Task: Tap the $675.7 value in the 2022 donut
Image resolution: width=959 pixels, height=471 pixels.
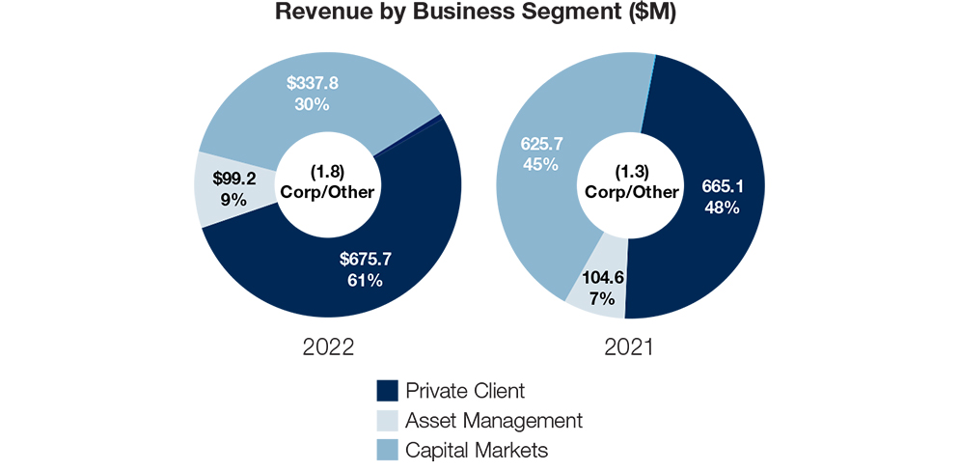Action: point(366,260)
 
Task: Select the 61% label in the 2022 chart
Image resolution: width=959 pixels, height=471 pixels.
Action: point(366,281)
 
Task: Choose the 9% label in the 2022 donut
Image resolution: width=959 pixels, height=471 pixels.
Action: point(233,200)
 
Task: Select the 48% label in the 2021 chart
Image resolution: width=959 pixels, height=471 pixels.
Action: point(716,208)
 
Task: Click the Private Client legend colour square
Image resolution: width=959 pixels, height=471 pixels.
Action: point(387,391)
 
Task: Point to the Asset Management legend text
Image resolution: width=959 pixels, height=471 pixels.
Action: point(494,421)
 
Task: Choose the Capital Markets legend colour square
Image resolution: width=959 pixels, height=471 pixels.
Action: point(387,450)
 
